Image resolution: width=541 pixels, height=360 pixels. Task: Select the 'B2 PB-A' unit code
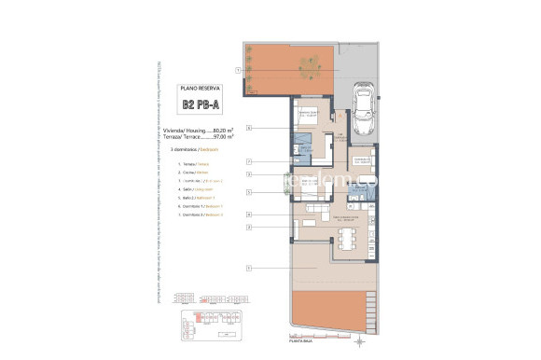tap(201, 105)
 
